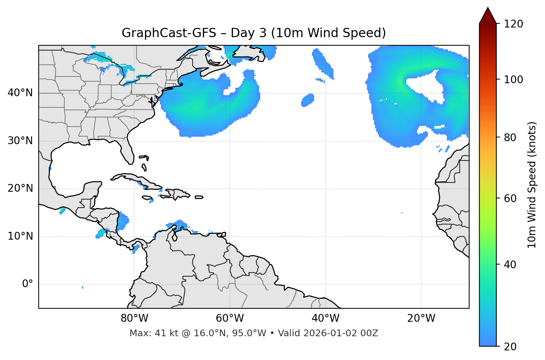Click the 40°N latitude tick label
coord(20,93)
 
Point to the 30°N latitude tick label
coord(20,141)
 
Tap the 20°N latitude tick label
coord(20,189)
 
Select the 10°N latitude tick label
coord(20,236)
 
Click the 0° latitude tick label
coord(27,284)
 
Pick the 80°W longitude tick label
coord(134,318)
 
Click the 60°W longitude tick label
coord(230,318)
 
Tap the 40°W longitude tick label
coord(325,318)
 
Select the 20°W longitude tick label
coord(421,318)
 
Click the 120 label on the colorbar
coord(513,24)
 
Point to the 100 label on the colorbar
coord(513,80)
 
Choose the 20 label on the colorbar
coord(510,347)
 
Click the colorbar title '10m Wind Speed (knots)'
coord(532,185)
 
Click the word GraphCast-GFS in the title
coord(169,33)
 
